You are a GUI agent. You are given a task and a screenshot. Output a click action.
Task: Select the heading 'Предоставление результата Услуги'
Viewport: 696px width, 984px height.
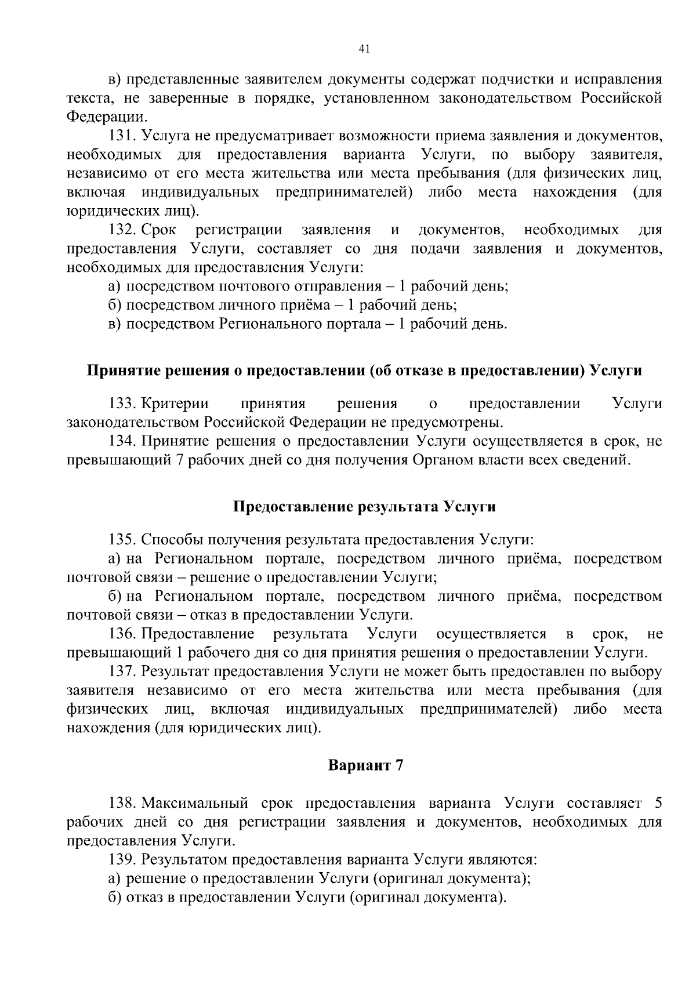tap(364, 507)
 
